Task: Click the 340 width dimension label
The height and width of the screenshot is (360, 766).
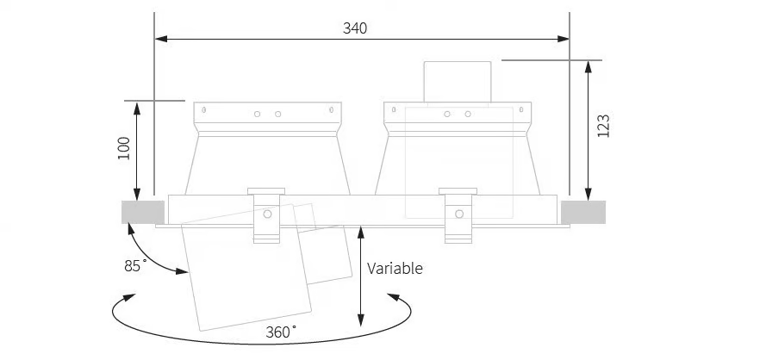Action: pyautogui.click(x=355, y=28)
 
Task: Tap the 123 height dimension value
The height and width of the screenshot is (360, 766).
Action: pyautogui.click(x=604, y=126)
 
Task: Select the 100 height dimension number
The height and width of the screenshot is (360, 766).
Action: pyautogui.click(x=124, y=148)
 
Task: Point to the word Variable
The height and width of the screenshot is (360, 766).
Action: pyautogui.click(x=395, y=268)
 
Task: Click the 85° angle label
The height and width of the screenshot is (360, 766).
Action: pyautogui.click(x=135, y=266)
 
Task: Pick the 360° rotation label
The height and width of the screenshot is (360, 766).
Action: pyautogui.click(x=281, y=332)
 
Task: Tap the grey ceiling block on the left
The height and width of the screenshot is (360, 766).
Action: pyautogui.click(x=143, y=212)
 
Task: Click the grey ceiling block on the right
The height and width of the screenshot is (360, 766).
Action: pyautogui.click(x=583, y=212)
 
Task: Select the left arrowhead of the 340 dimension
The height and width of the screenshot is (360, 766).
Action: pyautogui.click(x=161, y=39)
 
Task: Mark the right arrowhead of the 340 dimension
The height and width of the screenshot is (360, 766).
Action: pyautogui.click(x=563, y=39)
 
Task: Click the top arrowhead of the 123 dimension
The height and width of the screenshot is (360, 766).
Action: pyautogui.click(x=589, y=66)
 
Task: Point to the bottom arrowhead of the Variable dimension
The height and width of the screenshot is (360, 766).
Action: pyautogui.click(x=360, y=320)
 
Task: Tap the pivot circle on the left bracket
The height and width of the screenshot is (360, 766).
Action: pyautogui.click(x=267, y=214)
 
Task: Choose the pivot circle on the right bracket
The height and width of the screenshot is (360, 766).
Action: pyautogui.click(x=459, y=214)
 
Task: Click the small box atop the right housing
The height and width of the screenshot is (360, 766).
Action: pyautogui.click(x=458, y=82)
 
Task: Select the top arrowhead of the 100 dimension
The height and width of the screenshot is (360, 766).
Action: pyautogui.click(x=137, y=108)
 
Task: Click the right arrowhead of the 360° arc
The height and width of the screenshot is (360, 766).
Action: pyautogui.click(x=394, y=297)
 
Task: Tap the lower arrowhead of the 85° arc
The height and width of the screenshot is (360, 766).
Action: pyautogui.click(x=182, y=271)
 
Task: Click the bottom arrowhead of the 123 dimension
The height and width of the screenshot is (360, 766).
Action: pyautogui.click(x=589, y=194)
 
